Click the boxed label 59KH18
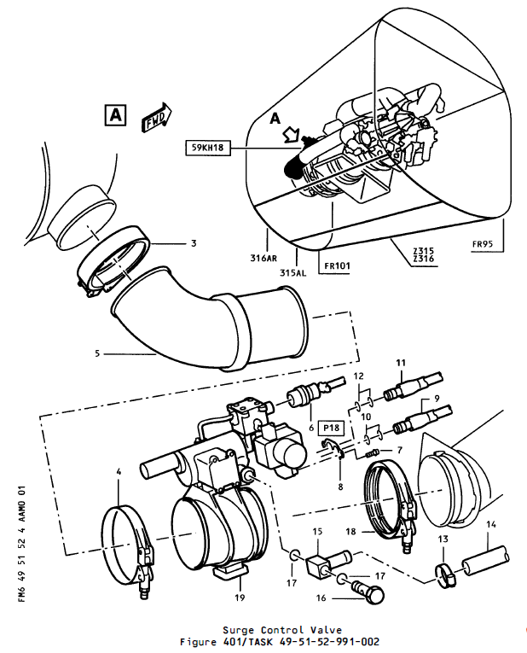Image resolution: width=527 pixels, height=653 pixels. coord(207,148)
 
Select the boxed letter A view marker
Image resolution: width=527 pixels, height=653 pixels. coord(115,115)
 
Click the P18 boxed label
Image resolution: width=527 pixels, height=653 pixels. coord(332,428)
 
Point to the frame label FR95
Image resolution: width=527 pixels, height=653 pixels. coord(483,244)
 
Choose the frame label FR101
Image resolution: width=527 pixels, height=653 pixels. coord(337,265)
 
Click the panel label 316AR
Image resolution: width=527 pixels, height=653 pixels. coord(263,258)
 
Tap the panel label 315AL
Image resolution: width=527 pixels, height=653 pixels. coord(292,273)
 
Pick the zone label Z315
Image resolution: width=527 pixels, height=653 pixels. coord(424,251)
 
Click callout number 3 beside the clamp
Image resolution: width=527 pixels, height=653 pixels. coord(194,242)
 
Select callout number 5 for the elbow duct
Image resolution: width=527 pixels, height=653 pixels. coord(97,353)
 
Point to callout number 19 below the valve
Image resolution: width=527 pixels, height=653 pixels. coord(240,598)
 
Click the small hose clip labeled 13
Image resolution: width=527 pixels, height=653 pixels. coord(445,575)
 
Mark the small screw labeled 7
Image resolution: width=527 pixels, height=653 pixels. coord(371,453)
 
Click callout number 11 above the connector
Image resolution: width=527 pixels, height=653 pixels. coord(401,363)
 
